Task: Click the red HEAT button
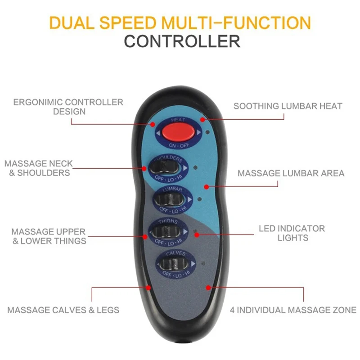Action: [179, 132]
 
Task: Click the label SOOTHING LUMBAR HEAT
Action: [288, 106]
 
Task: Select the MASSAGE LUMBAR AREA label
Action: [291, 173]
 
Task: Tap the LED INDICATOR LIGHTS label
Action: [292, 233]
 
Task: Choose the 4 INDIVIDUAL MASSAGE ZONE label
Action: [293, 310]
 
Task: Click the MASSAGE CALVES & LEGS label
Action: [63, 310]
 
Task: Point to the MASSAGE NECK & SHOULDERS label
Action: [39, 168]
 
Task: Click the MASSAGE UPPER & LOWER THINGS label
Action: [49, 236]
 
